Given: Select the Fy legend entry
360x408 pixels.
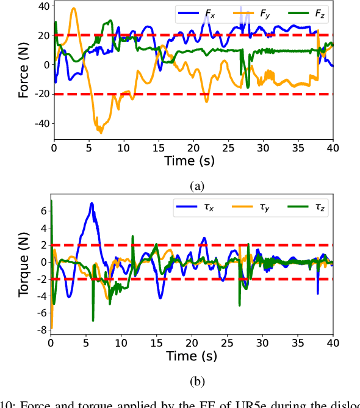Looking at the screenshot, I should pyautogui.click(x=251, y=12).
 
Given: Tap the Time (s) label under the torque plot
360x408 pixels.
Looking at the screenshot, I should pyautogui.click(x=192, y=355).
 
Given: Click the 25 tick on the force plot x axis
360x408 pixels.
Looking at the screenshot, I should pyautogui.click(x=228, y=147).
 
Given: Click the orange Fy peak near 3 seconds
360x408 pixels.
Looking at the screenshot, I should pyautogui.click(x=74, y=9).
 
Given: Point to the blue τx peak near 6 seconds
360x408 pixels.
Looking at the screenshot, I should pyautogui.click(x=92, y=203).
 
